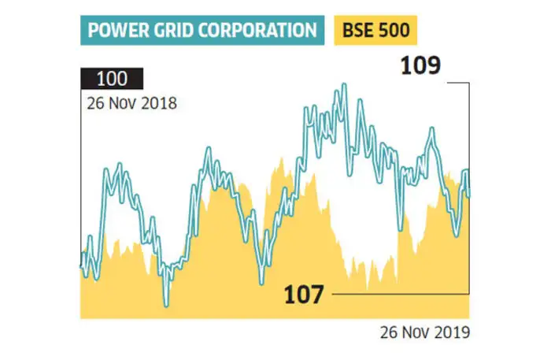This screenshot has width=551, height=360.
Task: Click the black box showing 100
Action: [111, 80]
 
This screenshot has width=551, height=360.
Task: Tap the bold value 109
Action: [420, 66]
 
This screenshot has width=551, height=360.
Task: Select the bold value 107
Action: [303, 295]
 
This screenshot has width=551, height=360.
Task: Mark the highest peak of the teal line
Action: [343, 85]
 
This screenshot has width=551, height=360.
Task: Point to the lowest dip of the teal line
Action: [166, 304]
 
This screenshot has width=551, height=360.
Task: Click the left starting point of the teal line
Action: [82, 260]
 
